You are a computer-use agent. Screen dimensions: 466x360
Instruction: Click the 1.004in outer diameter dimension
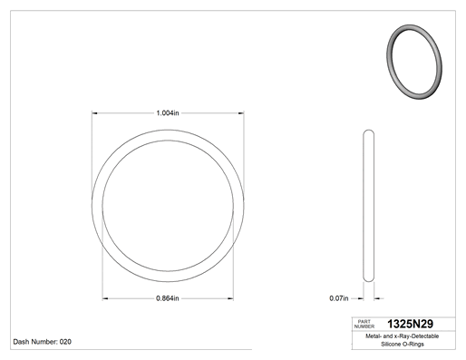168,113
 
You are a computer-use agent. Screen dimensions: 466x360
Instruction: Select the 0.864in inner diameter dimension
168,298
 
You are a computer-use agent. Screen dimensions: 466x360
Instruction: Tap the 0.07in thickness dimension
339,298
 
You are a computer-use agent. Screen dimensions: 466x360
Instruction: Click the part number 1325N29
410,324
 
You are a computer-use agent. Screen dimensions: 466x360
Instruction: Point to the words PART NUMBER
364,324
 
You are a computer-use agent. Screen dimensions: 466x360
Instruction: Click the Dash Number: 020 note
43,342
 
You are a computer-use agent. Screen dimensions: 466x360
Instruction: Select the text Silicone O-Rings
403,344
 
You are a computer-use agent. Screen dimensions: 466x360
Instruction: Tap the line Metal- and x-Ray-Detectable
402,336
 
